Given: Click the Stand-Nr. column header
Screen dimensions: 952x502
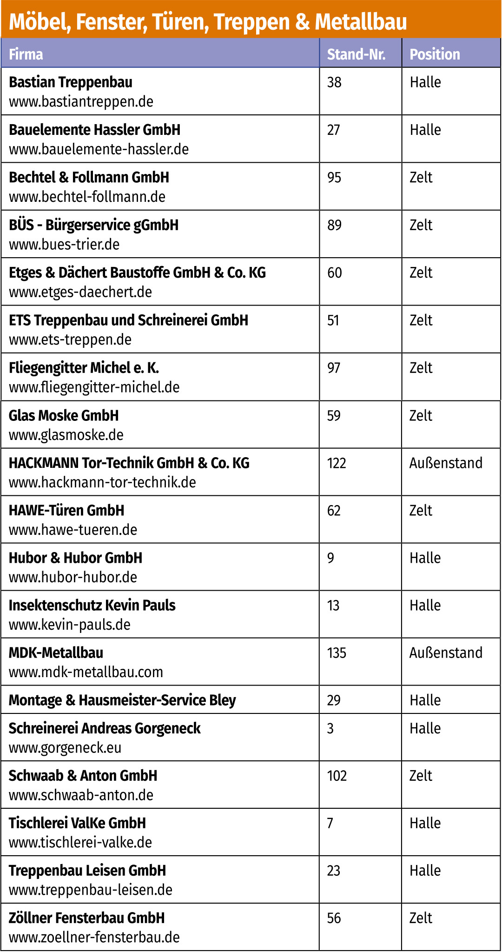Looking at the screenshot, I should (x=356, y=54).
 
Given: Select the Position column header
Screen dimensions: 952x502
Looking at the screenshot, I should (x=435, y=54).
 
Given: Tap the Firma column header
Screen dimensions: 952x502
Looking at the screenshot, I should (x=26, y=54).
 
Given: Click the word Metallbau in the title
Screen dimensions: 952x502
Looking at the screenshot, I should (x=361, y=22).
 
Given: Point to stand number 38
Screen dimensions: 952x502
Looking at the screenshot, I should (x=334, y=82).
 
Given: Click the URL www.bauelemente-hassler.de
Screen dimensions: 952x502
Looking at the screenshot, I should (x=99, y=149).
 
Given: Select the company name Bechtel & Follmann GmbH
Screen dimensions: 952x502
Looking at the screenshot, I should (x=89, y=177).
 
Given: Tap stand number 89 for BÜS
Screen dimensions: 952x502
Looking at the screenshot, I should (x=334, y=225).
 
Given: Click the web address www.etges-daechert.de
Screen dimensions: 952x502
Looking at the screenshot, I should (x=80, y=292).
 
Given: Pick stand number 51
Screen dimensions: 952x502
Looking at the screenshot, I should (x=333, y=320).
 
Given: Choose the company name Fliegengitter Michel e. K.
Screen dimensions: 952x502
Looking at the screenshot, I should (x=84, y=368).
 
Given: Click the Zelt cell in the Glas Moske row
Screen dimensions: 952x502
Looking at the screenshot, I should (x=421, y=415).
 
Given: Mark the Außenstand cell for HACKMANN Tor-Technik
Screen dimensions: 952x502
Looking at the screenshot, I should (x=446, y=463).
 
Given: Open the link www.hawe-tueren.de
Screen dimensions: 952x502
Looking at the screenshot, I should (x=73, y=530).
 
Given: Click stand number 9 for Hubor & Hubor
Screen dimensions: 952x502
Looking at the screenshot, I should (x=330, y=558).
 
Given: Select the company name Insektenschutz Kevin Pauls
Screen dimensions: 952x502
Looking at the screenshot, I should (x=92, y=606).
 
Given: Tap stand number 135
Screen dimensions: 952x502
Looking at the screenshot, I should (x=337, y=653).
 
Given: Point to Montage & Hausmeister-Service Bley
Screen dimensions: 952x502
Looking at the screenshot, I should (x=122, y=700).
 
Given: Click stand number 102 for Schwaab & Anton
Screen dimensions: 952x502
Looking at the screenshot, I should (x=337, y=776).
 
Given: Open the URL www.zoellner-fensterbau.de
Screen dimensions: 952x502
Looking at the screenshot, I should (x=94, y=937).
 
